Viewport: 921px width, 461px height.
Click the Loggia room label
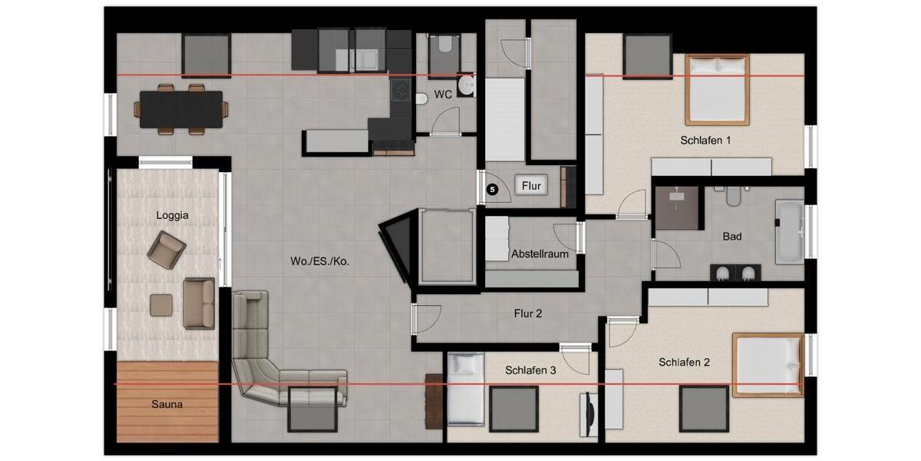tap(172, 216)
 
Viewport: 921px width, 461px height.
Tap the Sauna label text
tap(167, 403)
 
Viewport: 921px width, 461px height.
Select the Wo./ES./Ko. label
tap(320, 261)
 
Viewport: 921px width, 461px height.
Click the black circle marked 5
tap(492, 187)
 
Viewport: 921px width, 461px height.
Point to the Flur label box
tap(531, 186)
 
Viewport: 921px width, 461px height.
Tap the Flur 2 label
tap(528, 313)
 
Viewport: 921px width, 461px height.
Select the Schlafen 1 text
tap(705, 141)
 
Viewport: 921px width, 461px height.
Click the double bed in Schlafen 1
tap(717, 89)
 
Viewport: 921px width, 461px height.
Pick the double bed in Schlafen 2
tap(767, 364)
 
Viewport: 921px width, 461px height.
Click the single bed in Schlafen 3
tap(465, 388)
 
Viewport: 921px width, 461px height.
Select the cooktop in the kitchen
tap(401, 91)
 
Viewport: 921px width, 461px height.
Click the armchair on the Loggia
tap(167, 250)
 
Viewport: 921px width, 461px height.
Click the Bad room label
tap(732, 237)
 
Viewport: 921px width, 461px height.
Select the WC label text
tap(443, 95)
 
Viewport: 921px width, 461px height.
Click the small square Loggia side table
tap(161, 305)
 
